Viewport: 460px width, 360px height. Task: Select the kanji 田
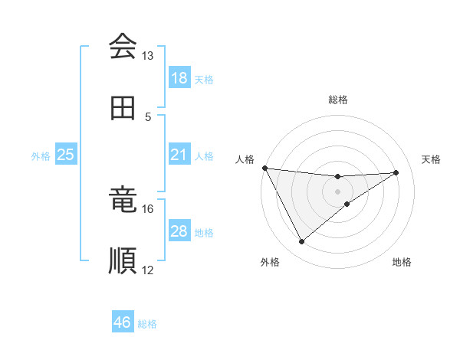click(123, 108)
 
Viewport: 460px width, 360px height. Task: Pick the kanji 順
click(123, 260)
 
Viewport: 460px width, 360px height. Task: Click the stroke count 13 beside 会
click(147, 56)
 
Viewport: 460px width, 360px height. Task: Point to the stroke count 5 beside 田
click(148, 116)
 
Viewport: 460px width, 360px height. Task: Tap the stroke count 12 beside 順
click(147, 270)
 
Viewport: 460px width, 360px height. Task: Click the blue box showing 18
click(179, 78)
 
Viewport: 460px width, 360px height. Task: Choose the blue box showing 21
click(179, 155)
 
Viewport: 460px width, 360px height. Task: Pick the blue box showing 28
click(179, 231)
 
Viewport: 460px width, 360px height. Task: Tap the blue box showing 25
click(66, 155)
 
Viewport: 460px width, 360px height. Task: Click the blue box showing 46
click(123, 322)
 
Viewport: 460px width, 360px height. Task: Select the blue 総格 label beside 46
click(147, 324)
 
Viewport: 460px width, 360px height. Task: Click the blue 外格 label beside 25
click(41, 156)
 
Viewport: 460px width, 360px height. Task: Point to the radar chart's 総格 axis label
click(338, 100)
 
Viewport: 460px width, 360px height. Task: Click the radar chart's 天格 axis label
click(431, 159)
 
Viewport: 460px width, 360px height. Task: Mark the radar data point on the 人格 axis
click(264, 168)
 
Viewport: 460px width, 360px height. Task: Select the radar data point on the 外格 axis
click(301, 242)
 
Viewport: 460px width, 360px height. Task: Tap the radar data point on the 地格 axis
click(347, 204)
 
